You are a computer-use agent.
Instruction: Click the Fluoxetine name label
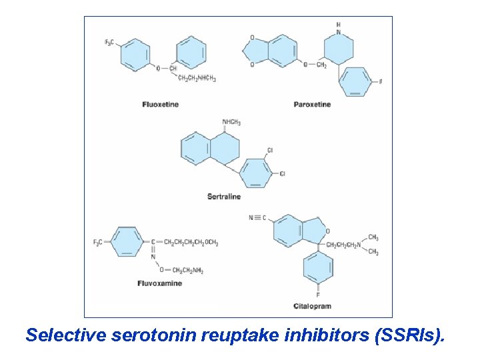click(160, 105)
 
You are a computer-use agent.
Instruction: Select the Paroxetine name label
click(312, 105)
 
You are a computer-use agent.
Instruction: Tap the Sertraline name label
click(224, 197)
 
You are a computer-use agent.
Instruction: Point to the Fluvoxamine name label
click(159, 283)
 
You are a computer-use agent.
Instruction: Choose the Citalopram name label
click(312, 306)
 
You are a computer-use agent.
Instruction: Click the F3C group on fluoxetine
click(109, 43)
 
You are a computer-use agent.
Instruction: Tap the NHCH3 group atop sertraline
click(231, 123)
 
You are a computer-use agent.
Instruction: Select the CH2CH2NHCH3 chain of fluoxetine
click(197, 78)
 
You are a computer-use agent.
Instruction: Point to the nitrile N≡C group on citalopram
click(258, 217)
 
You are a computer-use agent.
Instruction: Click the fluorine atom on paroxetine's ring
click(381, 82)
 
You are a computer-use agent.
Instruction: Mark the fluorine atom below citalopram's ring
click(318, 295)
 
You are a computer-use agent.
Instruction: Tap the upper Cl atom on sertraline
click(270, 151)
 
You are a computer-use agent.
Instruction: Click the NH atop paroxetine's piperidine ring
click(339, 28)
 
